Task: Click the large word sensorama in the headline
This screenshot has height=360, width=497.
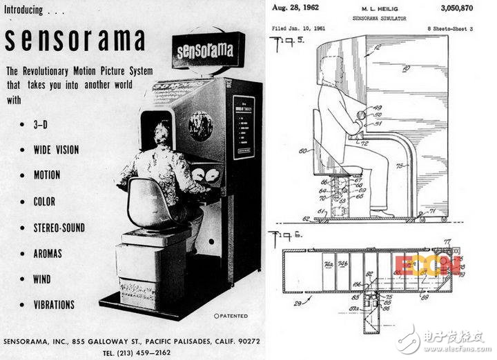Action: pos(76,43)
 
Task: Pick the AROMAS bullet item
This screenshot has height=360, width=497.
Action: pos(48,253)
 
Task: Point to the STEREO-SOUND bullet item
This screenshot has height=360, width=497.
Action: pos(59,227)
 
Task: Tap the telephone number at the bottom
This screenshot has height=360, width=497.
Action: pos(137,352)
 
